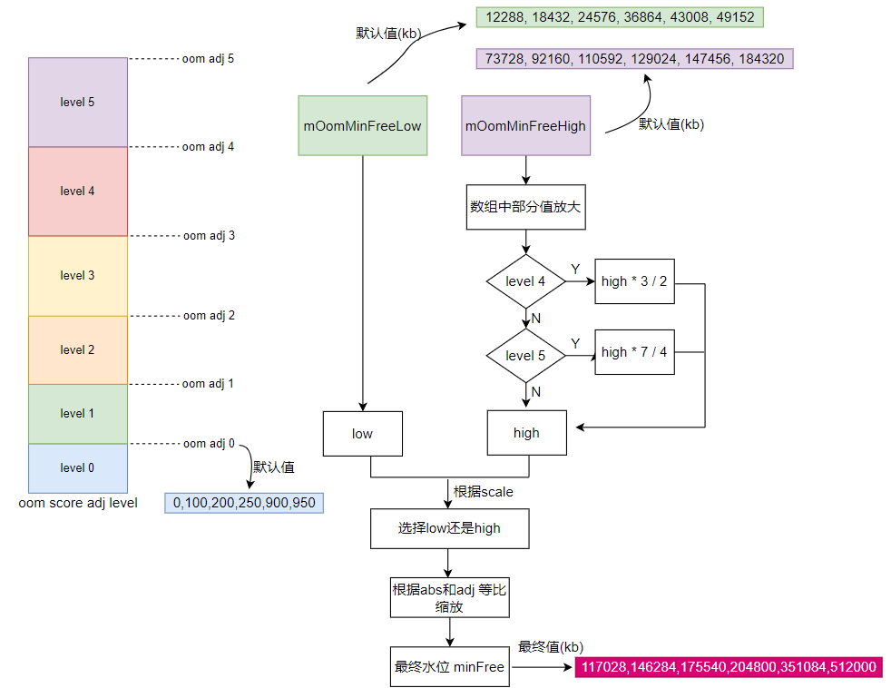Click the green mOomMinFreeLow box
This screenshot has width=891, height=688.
pyautogui.click(x=362, y=125)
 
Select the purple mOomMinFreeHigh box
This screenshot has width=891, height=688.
pyautogui.click(x=525, y=125)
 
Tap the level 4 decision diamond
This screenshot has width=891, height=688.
pyautogui.click(x=525, y=281)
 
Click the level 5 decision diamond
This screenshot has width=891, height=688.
pyautogui.click(x=525, y=355)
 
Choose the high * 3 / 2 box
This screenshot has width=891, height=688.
pyautogui.click(x=634, y=281)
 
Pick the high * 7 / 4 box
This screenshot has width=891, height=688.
pyautogui.click(x=634, y=352)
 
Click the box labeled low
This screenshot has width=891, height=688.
pyautogui.click(x=362, y=433)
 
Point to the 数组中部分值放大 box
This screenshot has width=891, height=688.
pyautogui.click(x=525, y=206)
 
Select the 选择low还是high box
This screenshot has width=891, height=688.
pyautogui.click(x=449, y=528)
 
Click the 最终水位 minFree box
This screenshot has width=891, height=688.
pyautogui.click(x=449, y=667)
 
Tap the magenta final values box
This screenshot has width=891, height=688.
pyautogui.click(x=729, y=667)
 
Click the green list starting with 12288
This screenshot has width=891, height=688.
pyautogui.click(x=621, y=17)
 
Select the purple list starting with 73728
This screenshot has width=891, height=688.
pyautogui.click(x=635, y=59)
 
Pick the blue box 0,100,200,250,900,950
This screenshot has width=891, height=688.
pyautogui.click(x=244, y=502)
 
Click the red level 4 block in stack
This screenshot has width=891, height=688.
pyautogui.click(x=78, y=192)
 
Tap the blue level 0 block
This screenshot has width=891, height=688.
pyautogui.click(x=78, y=468)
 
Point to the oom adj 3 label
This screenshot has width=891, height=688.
pyautogui.click(x=209, y=235)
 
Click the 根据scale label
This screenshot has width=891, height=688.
pyautogui.click(x=483, y=492)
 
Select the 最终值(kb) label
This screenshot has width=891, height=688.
pyautogui.click(x=551, y=646)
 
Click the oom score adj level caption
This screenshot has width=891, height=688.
pyautogui.click(x=78, y=502)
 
